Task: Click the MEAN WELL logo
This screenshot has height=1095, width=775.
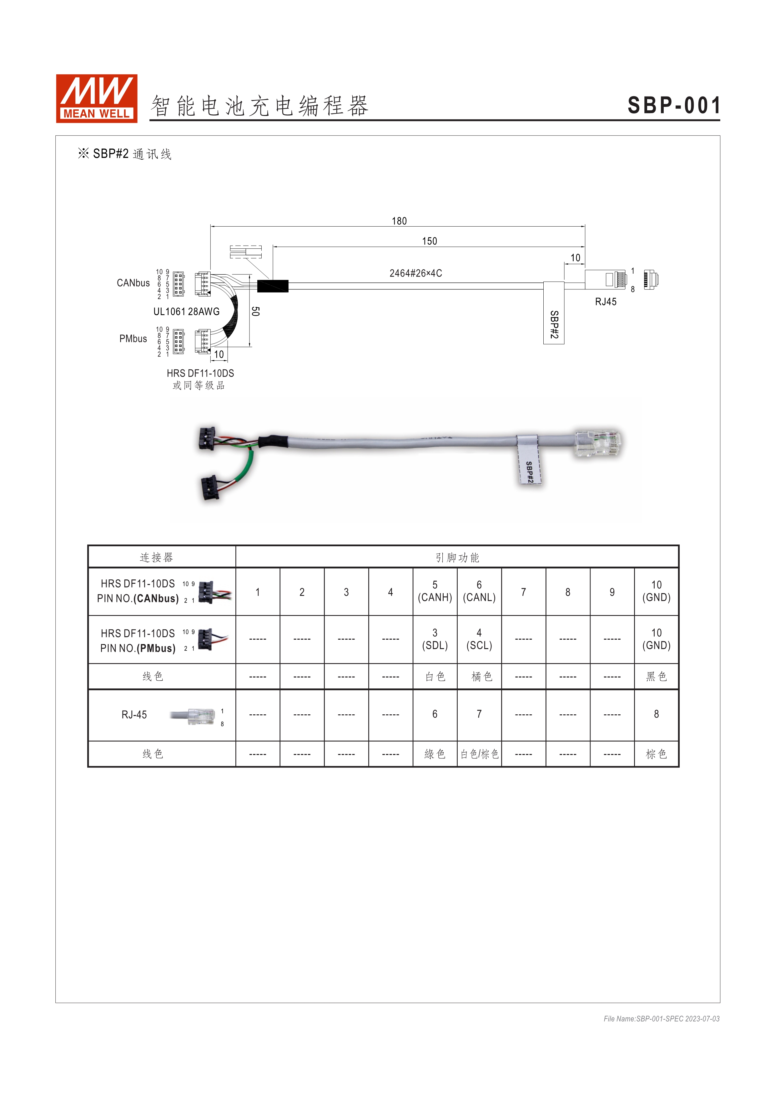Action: [x=96, y=98]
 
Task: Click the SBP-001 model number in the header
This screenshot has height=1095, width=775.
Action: [x=673, y=105]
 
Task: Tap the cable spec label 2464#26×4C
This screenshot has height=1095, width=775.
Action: [x=416, y=273]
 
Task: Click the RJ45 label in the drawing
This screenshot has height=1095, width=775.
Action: [x=606, y=302]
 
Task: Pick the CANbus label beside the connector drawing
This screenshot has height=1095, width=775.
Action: [x=133, y=283]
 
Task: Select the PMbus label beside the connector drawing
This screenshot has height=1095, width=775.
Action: [x=133, y=339]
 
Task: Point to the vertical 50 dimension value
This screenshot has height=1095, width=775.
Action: [x=255, y=312]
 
